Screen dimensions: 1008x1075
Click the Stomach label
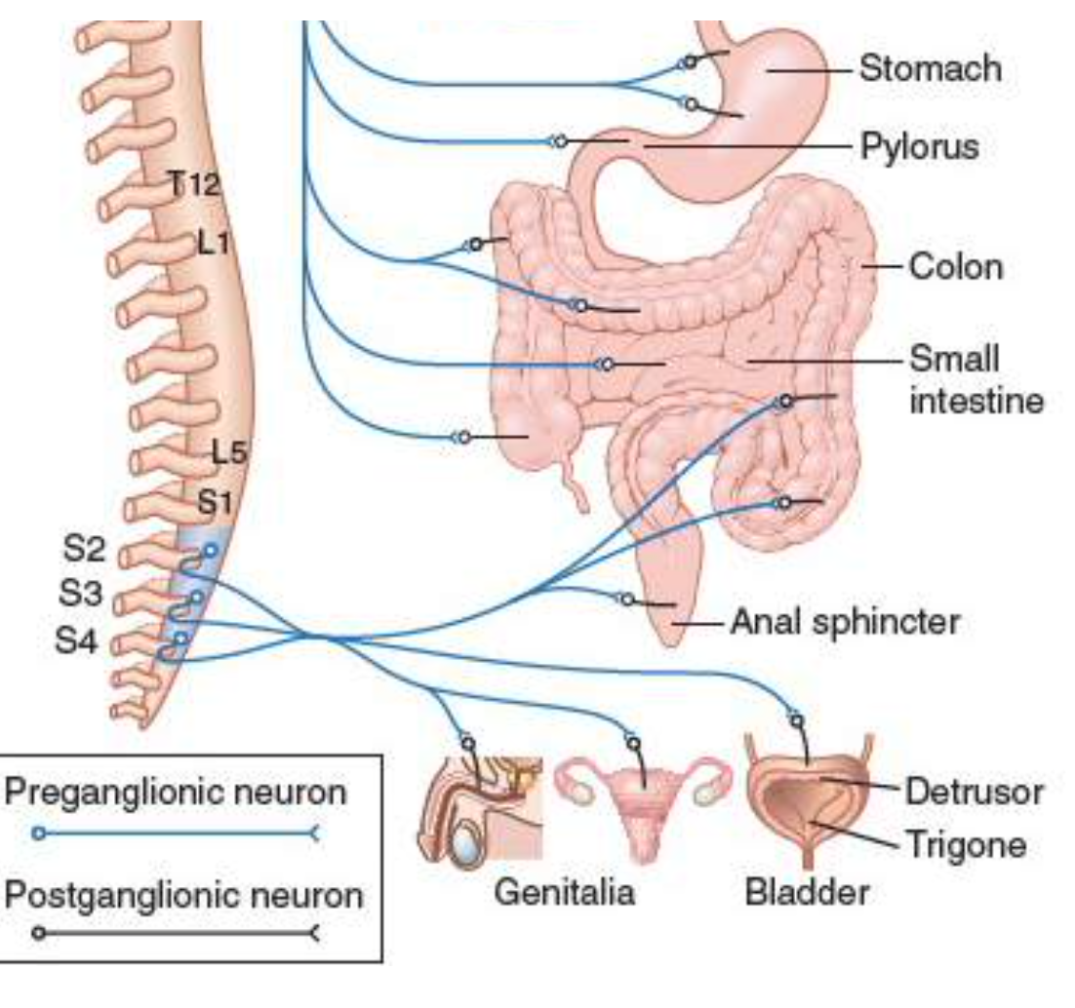pos(929,69)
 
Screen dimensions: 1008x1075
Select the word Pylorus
pos(919,149)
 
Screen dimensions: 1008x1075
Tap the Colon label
pos(955,266)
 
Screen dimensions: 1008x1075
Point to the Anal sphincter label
pos(845,621)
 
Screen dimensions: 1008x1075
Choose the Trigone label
pos(966,843)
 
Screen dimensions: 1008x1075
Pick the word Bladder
pos(806,892)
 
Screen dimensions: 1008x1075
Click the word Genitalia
pos(564,892)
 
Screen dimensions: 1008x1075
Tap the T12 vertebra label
pos(194,183)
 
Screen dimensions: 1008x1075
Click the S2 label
pos(84,549)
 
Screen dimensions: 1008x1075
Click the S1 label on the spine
pos(218,503)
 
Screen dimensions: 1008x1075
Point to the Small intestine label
pos(975,379)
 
